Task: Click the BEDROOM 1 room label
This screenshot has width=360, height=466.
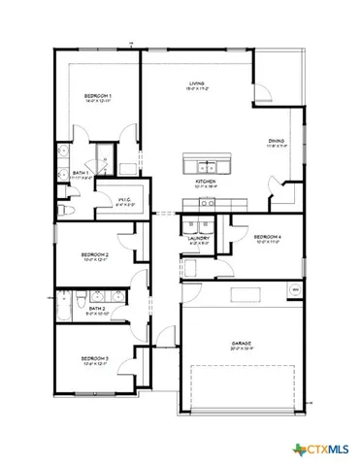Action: point(97,96)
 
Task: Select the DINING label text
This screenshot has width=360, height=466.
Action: point(277,142)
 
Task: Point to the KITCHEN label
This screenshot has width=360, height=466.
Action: point(205,182)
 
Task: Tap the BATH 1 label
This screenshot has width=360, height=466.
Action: point(82,174)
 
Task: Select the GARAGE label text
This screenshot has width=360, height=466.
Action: point(241,343)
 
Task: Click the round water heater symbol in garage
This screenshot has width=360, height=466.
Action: point(295,290)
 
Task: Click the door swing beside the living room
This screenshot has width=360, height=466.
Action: point(262,92)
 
